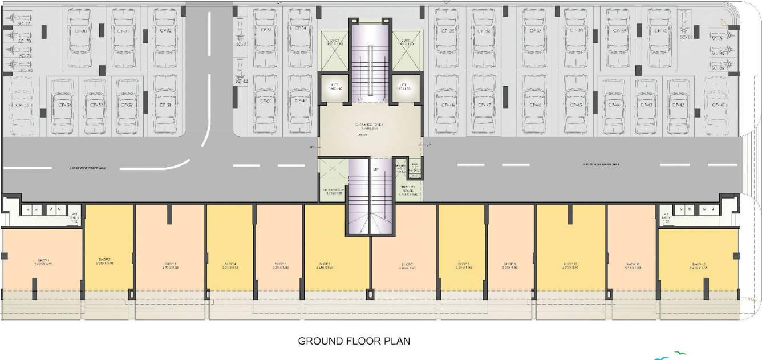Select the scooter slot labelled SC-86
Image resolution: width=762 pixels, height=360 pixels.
[x=717, y=67]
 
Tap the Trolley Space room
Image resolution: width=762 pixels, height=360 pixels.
[x=407, y=189]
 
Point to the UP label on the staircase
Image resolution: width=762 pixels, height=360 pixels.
[x=376, y=170]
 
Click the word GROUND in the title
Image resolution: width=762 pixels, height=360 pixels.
[x=320, y=341]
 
